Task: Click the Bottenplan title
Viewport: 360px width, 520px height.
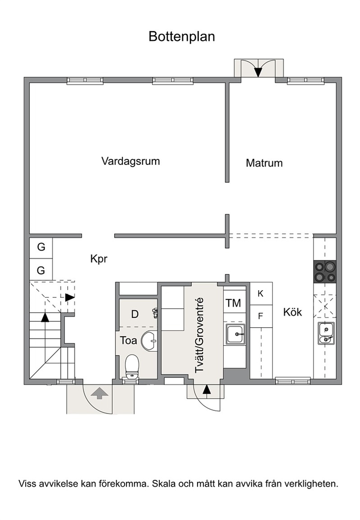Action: tap(182, 37)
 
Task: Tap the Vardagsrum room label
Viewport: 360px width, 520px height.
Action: tap(131, 161)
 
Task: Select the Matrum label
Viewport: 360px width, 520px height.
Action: tap(264, 163)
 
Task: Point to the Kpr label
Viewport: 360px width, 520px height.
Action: tap(99, 259)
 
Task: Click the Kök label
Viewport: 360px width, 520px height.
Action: tap(292, 312)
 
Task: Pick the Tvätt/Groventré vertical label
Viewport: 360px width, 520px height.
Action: tap(199, 335)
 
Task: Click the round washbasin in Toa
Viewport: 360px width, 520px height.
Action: tap(149, 341)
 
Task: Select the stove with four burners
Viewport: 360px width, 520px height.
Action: tap(325, 272)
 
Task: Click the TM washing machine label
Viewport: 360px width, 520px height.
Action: tap(233, 303)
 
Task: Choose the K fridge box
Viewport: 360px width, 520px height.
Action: tap(261, 293)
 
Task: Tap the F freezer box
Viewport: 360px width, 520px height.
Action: tap(261, 316)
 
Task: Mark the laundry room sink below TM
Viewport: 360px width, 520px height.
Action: tap(235, 334)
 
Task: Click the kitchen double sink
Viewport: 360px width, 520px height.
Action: tap(326, 334)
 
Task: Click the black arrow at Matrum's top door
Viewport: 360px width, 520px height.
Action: tap(258, 72)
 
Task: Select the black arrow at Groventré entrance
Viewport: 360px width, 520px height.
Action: tap(207, 390)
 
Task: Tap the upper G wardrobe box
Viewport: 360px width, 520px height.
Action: tap(41, 247)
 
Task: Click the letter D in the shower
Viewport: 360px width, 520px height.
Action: tap(134, 314)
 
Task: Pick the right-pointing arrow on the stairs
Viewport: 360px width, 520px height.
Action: tap(69, 297)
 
